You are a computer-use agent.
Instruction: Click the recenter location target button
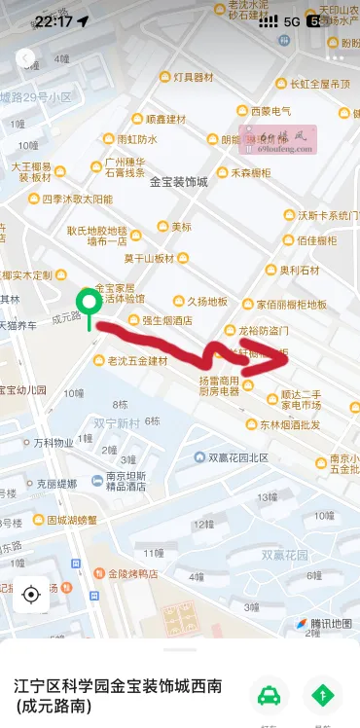point(30,594)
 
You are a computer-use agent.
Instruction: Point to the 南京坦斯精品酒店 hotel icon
point(97,481)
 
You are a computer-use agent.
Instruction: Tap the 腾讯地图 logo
point(324,623)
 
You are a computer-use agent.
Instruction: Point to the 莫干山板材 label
point(148,258)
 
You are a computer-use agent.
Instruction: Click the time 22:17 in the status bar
point(53,20)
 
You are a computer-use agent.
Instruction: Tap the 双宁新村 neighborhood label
point(117,422)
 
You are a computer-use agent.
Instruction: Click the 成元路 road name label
point(65,317)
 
